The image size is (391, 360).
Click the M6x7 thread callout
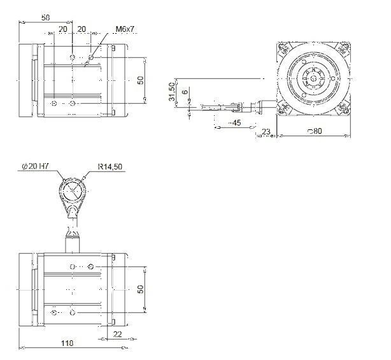click(x=125, y=29)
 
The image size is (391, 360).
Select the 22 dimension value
click(x=117, y=334)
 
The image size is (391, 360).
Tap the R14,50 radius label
click(x=110, y=166)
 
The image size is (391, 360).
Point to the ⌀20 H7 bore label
click(x=36, y=166)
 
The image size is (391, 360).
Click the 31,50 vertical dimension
click(x=172, y=92)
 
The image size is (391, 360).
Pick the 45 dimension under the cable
click(x=235, y=123)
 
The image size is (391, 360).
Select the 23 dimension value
click(x=266, y=131)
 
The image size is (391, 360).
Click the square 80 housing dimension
click(x=315, y=131)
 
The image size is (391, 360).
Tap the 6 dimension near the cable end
click(x=185, y=92)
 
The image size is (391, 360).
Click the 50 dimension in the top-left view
click(x=141, y=80)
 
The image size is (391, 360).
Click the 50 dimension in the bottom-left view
click(x=141, y=289)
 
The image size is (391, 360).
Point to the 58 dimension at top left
click(x=46, y=18)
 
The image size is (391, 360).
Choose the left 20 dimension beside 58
click(x=63, y=29)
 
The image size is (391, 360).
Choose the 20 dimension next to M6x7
click(x=82, y=29)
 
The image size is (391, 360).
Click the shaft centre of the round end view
click(x=313, y=79)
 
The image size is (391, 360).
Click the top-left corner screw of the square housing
click(x=283, y=48)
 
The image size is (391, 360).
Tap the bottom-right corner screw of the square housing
click(x=343, y=109)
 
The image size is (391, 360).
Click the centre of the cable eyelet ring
click(x=73, y=190)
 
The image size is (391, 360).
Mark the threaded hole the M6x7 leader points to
click(x=91, y=57)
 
